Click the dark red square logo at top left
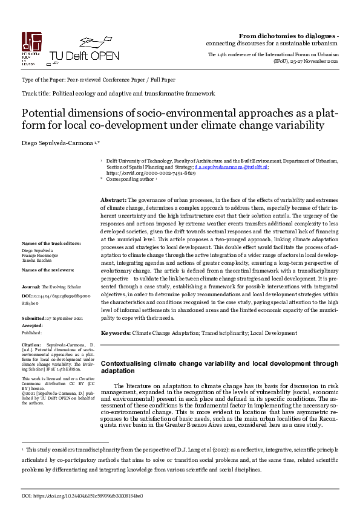point(31,41)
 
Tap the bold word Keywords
point(116,332)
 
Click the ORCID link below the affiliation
point(151,173)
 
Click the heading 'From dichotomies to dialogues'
point(287,37)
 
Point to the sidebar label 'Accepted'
point(32,325)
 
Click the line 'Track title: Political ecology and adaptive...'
point(118,94)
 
